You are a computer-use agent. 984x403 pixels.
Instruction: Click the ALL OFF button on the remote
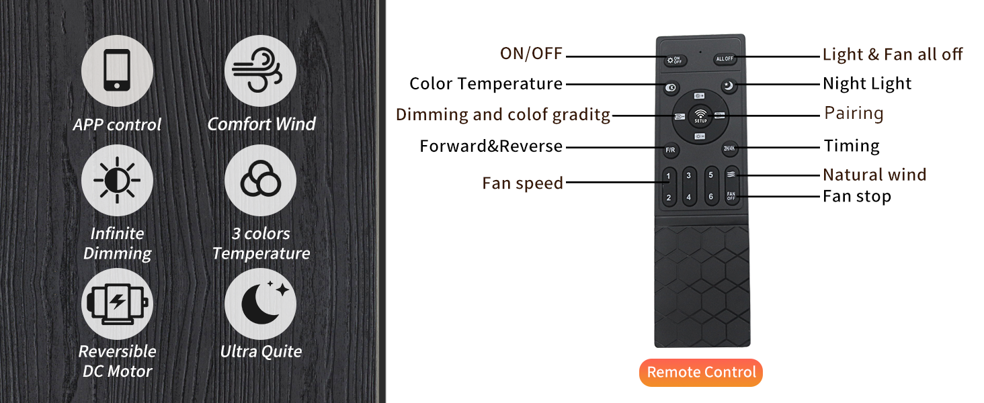click(x=725, y=59)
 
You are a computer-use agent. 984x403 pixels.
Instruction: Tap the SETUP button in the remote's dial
click(x=700, y=116)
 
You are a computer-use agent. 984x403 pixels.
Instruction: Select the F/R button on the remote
click(x=670, y=150)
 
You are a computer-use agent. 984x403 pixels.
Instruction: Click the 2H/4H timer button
click(x=729, y=148)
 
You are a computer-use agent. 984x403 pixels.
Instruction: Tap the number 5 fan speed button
click(x=710, y=175)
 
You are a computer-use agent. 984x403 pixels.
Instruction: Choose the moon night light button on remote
click(x=729, y=85)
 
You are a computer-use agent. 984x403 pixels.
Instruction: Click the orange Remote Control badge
click(x=700, y=372)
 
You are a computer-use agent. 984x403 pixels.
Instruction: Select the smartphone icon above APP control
click(x=117, y=71)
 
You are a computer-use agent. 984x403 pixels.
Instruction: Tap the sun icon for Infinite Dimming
click(x=117, y=180)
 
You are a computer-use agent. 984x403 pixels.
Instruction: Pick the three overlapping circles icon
click(x=260, y=180)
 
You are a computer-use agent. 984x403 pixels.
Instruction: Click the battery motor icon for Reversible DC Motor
click(x=117, y=304)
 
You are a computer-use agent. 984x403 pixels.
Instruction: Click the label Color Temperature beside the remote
click(x=486, y=83)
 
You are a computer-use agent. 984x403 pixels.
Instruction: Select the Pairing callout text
click(x=854, y=114)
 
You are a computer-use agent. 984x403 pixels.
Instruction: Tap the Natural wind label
click(x=874, y=175)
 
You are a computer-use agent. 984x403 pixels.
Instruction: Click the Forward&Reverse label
click(x=491, y=146)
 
